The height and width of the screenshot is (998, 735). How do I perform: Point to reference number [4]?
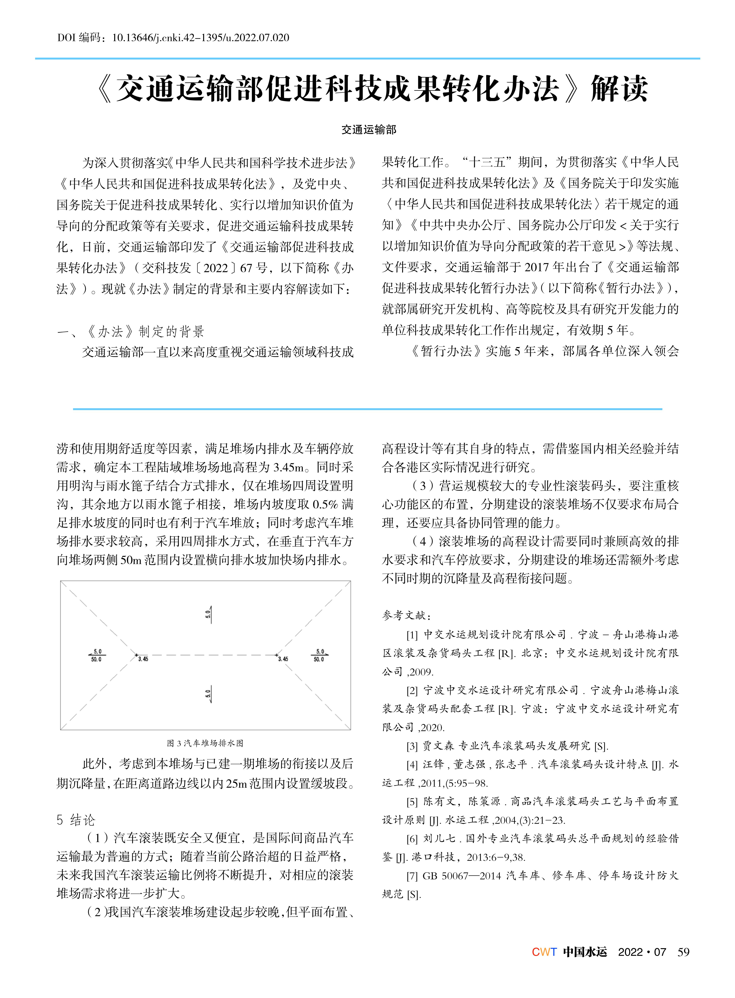412,765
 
